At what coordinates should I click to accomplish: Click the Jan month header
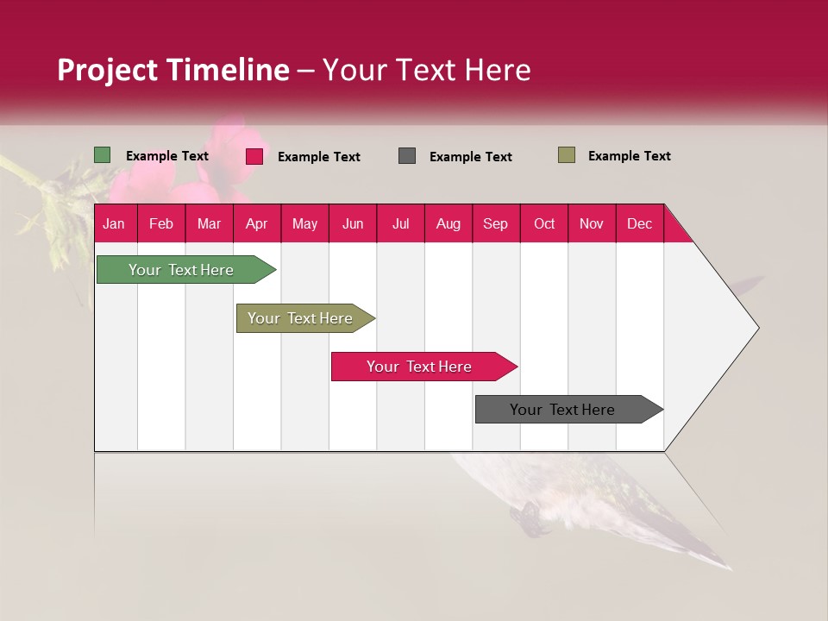(114, 223)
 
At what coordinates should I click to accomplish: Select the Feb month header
(161, 223)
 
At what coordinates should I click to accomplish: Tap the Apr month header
(256, 223)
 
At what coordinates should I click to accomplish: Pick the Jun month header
(353, 223)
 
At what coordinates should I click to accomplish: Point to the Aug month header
(448, 223)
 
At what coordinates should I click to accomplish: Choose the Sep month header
(495, 223)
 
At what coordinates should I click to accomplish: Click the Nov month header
(591, 223)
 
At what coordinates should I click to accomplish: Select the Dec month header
(639, 223)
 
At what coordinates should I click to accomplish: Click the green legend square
(103, 155)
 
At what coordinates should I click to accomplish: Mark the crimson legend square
(254, 156)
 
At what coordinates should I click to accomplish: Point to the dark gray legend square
(407, 156)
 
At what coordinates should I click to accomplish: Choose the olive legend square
(567, 155)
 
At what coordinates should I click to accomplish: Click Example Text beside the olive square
(629, 156)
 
